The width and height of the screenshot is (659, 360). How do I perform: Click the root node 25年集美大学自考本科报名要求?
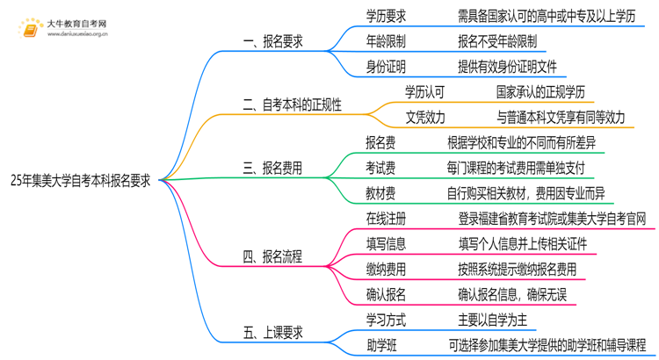[x=80, y=180]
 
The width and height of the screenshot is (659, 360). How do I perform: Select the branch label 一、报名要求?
[x=275, y=41]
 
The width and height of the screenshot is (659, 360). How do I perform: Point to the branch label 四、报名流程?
[x=273, y=256]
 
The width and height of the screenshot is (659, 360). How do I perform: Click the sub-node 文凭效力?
[x=425, y=118]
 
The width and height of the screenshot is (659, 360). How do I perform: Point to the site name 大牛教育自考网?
[x=76, y=23]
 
